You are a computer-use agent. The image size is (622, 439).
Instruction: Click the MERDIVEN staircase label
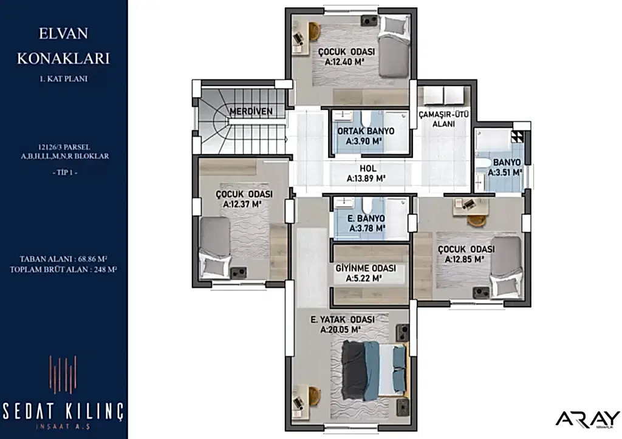(251, 112)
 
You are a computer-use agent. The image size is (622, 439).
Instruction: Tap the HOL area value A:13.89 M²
(366, 179)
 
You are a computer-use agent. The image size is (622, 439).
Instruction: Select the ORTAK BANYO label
(366, 131)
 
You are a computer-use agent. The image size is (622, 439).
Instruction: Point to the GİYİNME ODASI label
(366, 268)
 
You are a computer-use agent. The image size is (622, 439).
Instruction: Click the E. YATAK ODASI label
(343, 319)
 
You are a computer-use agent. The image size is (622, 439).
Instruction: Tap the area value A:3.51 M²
(505, 172)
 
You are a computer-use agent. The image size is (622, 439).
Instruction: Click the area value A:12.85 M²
(465, 259)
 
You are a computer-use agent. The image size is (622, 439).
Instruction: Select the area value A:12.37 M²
(242, 205)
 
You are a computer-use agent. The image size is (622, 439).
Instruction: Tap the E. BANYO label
(366, 219)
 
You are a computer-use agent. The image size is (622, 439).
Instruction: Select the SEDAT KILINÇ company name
(63, 412)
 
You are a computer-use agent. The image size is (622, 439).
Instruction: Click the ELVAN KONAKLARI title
(63, 46)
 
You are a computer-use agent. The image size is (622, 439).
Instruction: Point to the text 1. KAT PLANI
(63, 79)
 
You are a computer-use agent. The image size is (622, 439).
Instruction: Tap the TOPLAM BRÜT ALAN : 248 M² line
(63, 270)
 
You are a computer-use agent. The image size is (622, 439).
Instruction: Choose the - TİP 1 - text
(64, 173)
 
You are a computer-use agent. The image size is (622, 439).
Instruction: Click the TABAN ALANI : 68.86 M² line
(63, 259)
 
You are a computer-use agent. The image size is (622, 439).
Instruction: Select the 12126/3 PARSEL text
(64, 147)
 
